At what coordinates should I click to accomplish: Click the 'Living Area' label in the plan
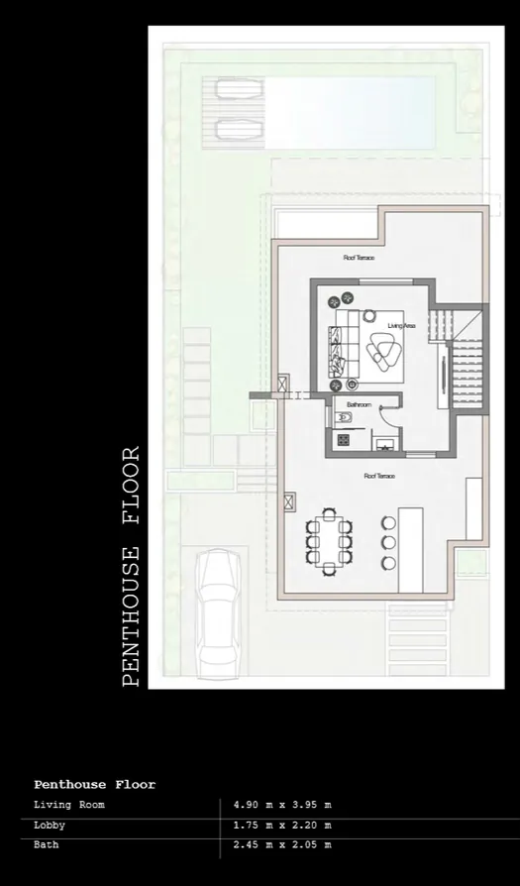(x=400, y=325)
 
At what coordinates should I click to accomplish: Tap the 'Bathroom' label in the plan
(x=359, y=405)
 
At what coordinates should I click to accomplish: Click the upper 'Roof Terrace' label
(x=359, y=258)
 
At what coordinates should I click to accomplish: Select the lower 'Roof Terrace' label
(x=378, y=476)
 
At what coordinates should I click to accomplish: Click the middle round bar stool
(x=388, y=543)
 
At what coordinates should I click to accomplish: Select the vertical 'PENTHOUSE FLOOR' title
(x=131, y=567)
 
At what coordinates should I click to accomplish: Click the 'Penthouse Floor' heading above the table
(x=94, y=785)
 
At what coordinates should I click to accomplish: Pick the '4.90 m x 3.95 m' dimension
(x=282, y=805)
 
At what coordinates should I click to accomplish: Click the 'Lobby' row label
(x=50, y=825)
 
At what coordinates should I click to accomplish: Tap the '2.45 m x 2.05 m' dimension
(x=282, y=844)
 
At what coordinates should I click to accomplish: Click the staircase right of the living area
(x=464, y=372)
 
